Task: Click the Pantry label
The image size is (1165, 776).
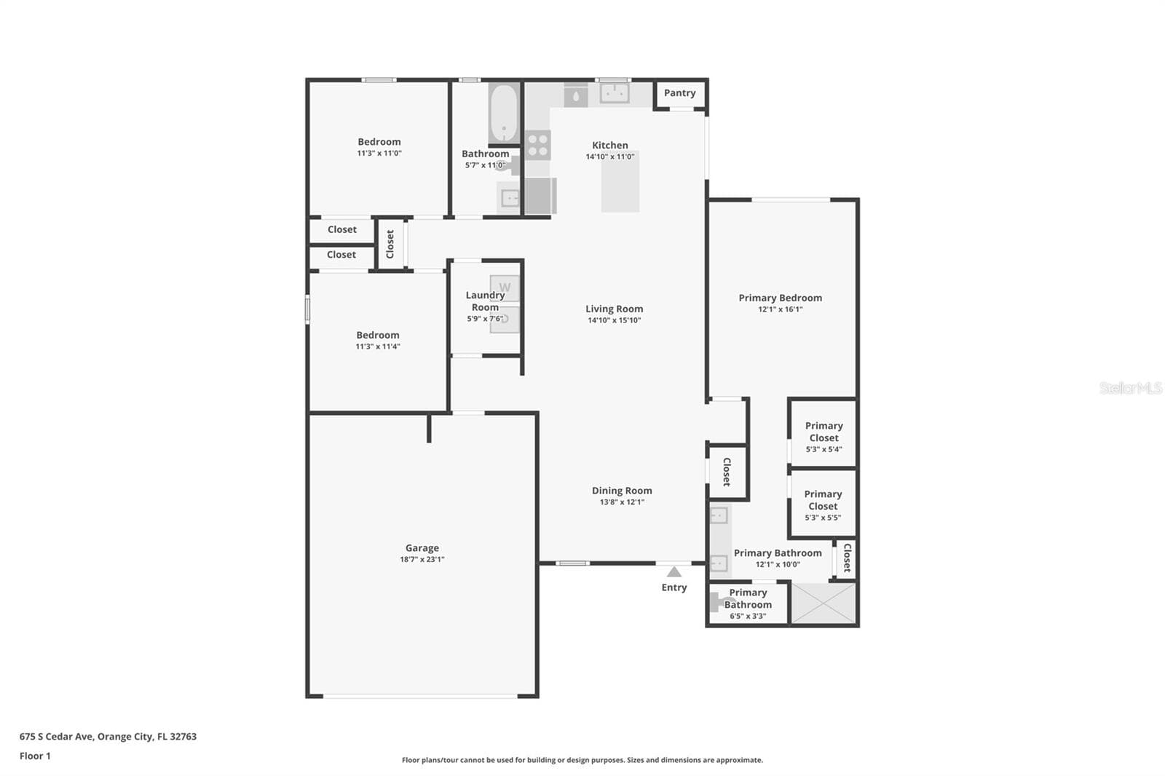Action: (679, 93)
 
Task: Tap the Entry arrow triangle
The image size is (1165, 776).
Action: (674, 572)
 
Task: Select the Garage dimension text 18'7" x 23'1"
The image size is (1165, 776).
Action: (422, 560)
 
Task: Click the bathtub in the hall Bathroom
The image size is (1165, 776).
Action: (503, 113)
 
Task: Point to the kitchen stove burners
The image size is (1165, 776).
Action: (537, 145)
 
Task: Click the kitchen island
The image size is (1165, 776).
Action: (620, 181)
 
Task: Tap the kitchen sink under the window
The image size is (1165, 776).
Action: (615, 94)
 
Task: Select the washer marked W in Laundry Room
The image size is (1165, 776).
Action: (504, 288)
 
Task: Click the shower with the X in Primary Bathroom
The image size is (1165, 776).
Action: (823, 603)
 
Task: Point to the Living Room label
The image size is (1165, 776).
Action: (615, 309)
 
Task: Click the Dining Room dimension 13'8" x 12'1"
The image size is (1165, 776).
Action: (622, 502)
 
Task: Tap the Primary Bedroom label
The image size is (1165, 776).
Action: (780, 298)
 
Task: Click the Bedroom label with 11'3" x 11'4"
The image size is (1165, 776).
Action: (378, 336)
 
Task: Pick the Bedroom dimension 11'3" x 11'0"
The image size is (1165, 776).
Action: (379, 154)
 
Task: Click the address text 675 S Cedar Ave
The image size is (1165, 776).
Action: (56, 737)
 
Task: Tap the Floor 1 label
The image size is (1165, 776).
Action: (35, 756)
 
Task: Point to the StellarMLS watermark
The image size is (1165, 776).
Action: (1131, 388)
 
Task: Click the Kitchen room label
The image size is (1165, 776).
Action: (609, 146)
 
